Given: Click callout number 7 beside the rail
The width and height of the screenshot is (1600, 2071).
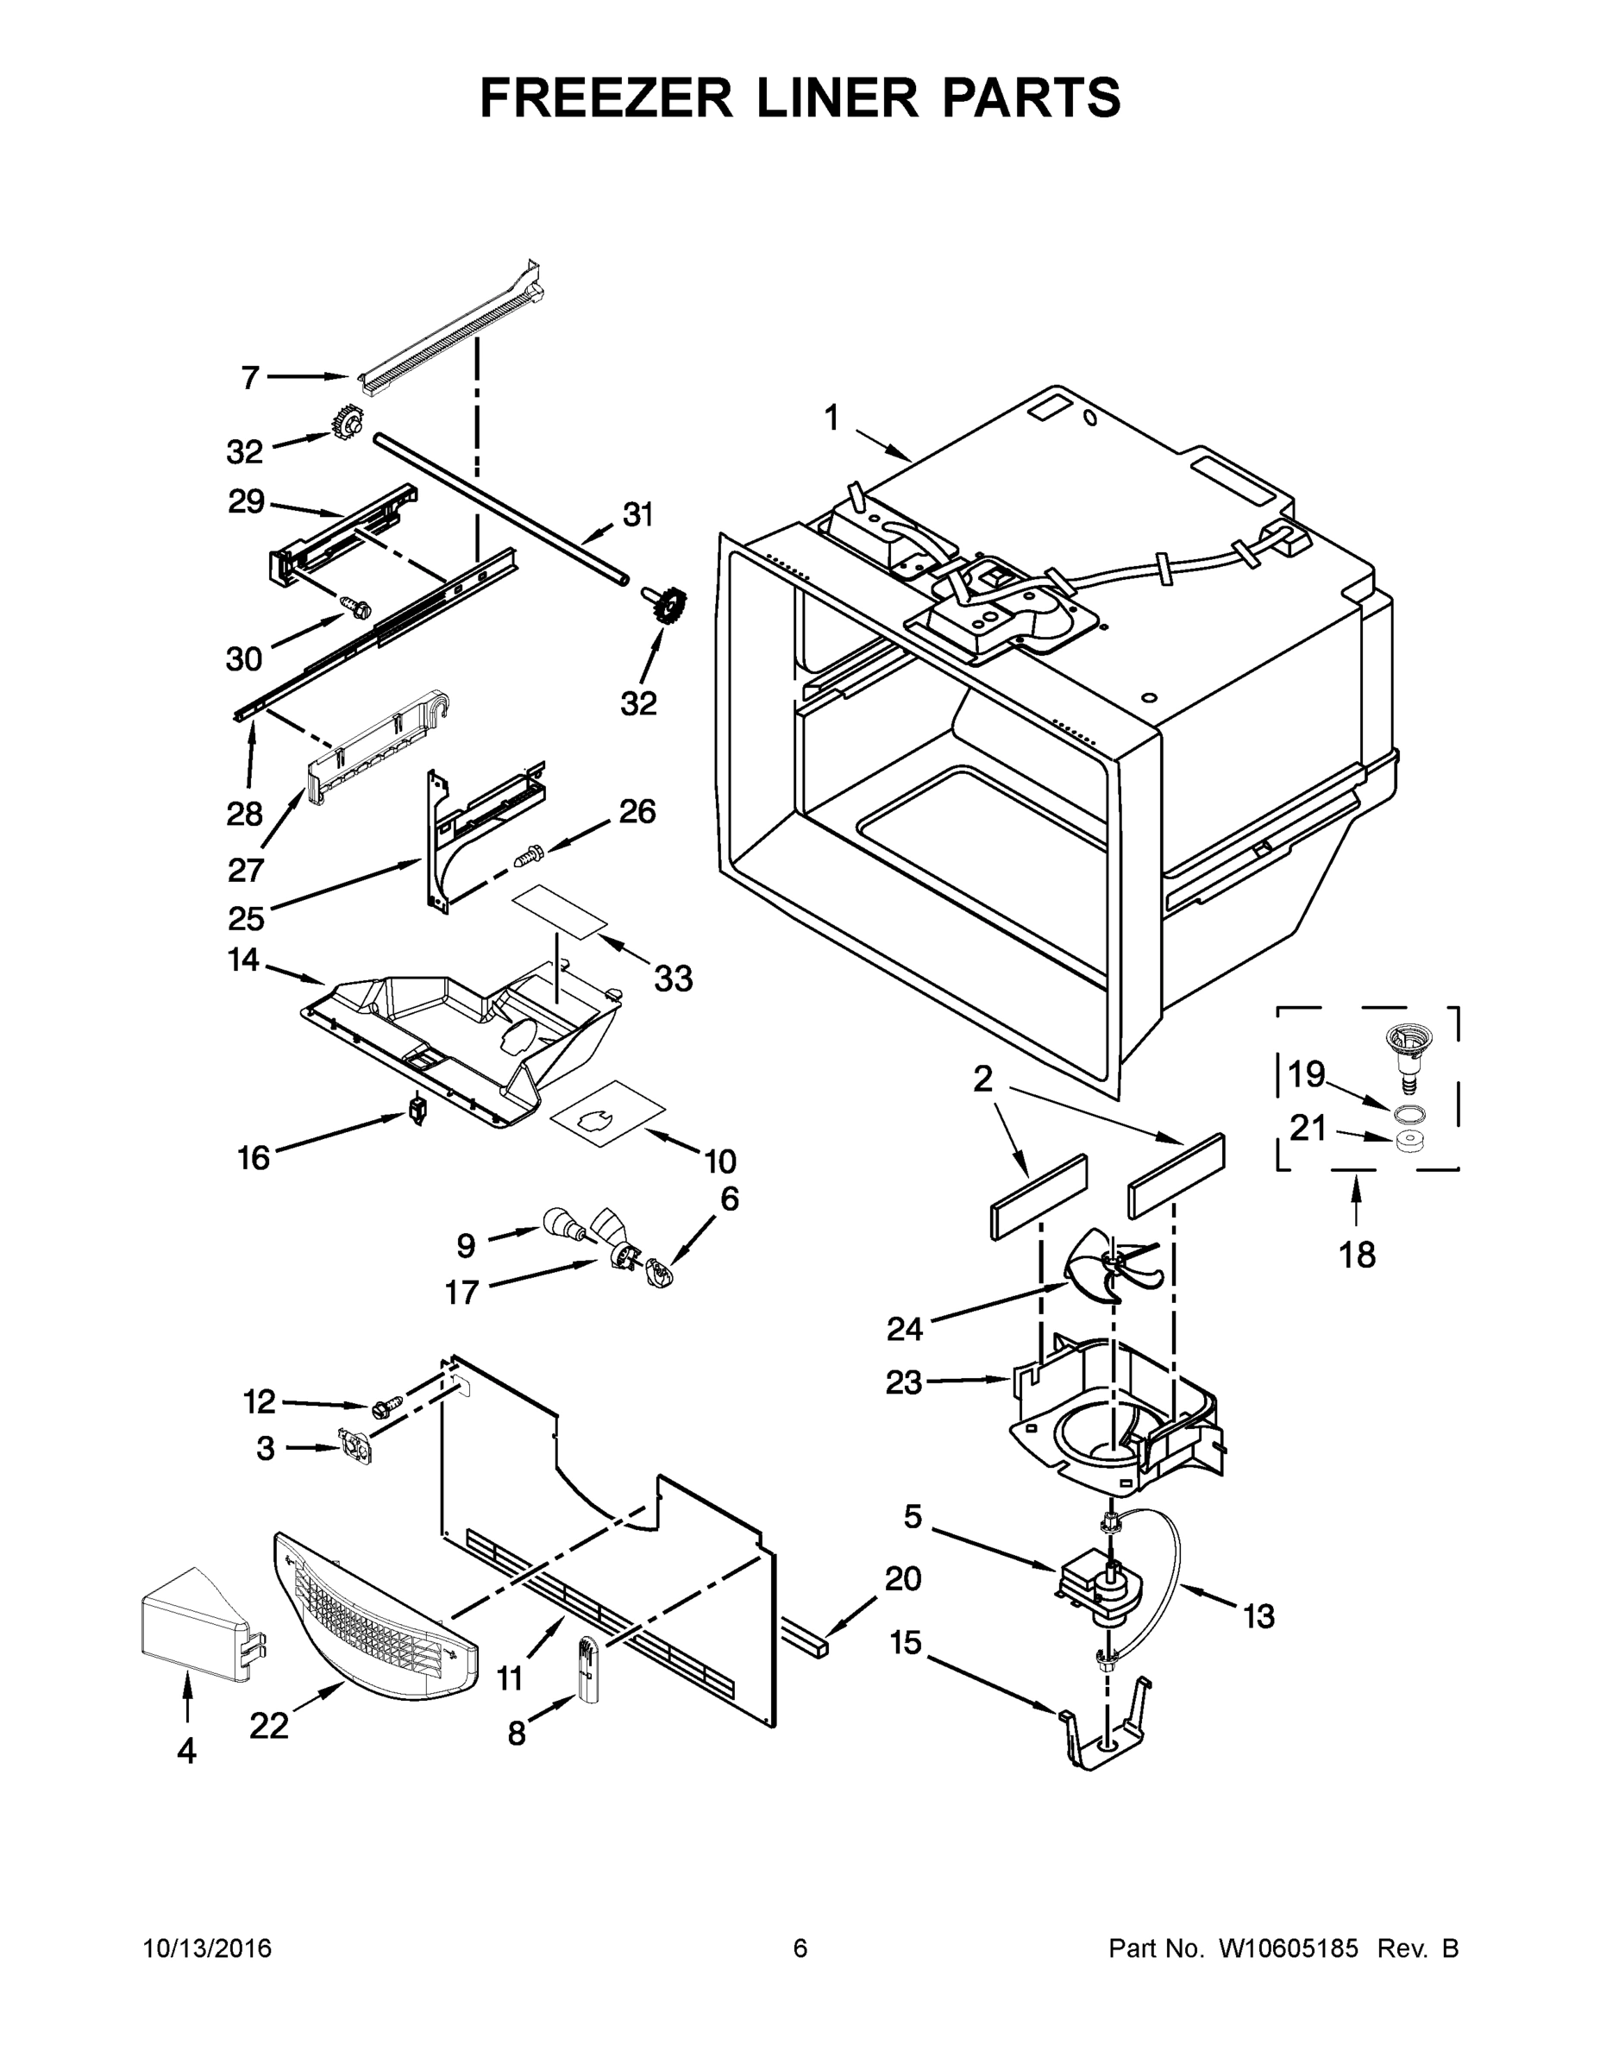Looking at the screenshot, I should tap(249, 378).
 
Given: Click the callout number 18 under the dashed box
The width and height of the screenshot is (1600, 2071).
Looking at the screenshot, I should tap(1357, 1255).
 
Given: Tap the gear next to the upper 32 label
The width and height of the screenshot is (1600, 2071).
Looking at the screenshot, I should tap(348, 422).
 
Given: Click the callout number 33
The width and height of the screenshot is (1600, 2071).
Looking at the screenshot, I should tap(673, 978).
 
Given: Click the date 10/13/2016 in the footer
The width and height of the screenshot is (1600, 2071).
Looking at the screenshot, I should tap(207, 1948).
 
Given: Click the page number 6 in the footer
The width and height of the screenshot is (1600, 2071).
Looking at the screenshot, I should tap(800, 1948).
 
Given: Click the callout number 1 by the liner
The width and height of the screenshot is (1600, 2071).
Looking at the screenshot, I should tap(831, 418).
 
